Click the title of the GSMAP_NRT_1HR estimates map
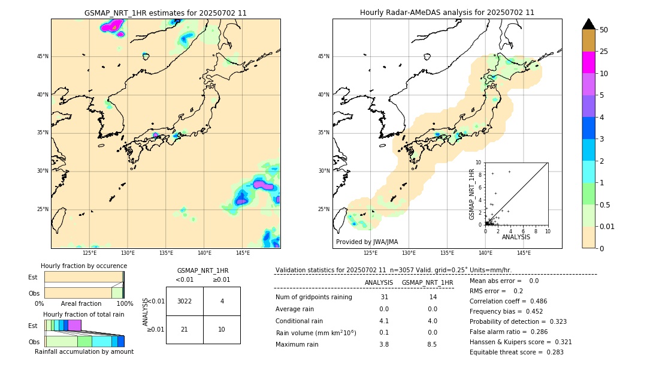pos(165,13)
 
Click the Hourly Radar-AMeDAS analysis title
pos(447,13)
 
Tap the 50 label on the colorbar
pos(604,30)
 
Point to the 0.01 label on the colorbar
pos(607,226)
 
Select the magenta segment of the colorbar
pos(588,62)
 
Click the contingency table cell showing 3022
pos(185,301)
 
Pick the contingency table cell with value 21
pos(185,329)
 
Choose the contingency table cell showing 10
pos(222,329)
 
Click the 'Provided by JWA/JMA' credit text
pos(367,242)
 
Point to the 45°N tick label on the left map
pos(43,56)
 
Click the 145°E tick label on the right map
pos(524,253)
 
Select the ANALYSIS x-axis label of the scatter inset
pos(516,237)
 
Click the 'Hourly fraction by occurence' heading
pos(84,266)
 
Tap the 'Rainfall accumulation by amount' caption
pos(84,351)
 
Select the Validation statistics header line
pos(393,270)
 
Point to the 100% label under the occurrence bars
pos(125,303)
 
